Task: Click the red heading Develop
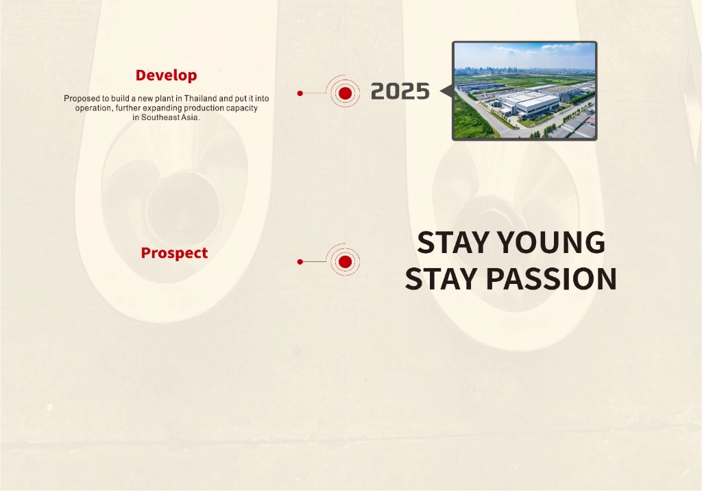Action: click(x=166, y=75)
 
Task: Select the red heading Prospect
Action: click(x=174, y=252)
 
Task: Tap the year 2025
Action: click(x=400, y=91)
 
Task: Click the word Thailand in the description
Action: click(x=200, y=98)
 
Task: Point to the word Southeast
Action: click(x=160, y=117)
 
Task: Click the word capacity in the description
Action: click(x=243, y=108)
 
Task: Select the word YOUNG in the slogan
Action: click(x=551, y=242)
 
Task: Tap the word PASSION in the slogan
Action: click(x=551, y=278)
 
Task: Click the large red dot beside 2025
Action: click(x=346, y=93)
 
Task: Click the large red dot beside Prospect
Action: click(x=346, y=262)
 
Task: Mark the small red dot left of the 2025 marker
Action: click(x=300, y=93)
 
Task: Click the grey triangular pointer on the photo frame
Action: click(x=446, y=91)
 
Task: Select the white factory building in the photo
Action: click(x=529, y=104)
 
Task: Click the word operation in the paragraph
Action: click(x=93, y=108)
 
